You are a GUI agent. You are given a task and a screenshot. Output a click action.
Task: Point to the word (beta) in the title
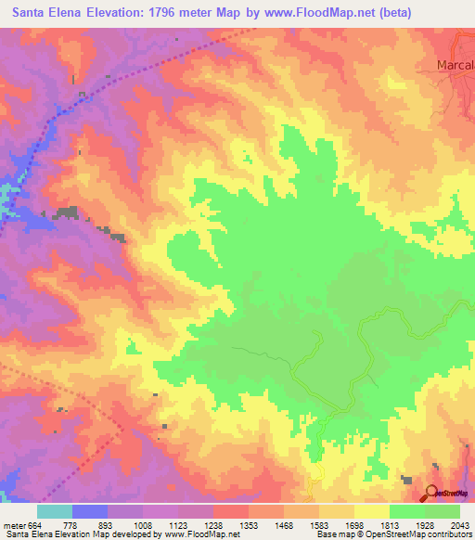pyautogui.click(x=392, y=12)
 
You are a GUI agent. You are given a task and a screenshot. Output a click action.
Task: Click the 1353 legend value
pyautogui.click(x=250, y=524)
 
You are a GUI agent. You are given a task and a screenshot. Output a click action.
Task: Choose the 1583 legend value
pyautogui.click(x=321, y=524)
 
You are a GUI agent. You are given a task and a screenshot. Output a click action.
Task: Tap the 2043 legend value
pyautogui.click(x=461, y=524)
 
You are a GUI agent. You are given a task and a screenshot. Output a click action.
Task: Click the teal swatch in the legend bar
pyautogui.click(x=55, y=511)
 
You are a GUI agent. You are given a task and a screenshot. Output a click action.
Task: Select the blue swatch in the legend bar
pyautogui.click(x=90, y=511)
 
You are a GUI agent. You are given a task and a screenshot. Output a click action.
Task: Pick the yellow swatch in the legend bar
pyautogui.click(x=372, y=511)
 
